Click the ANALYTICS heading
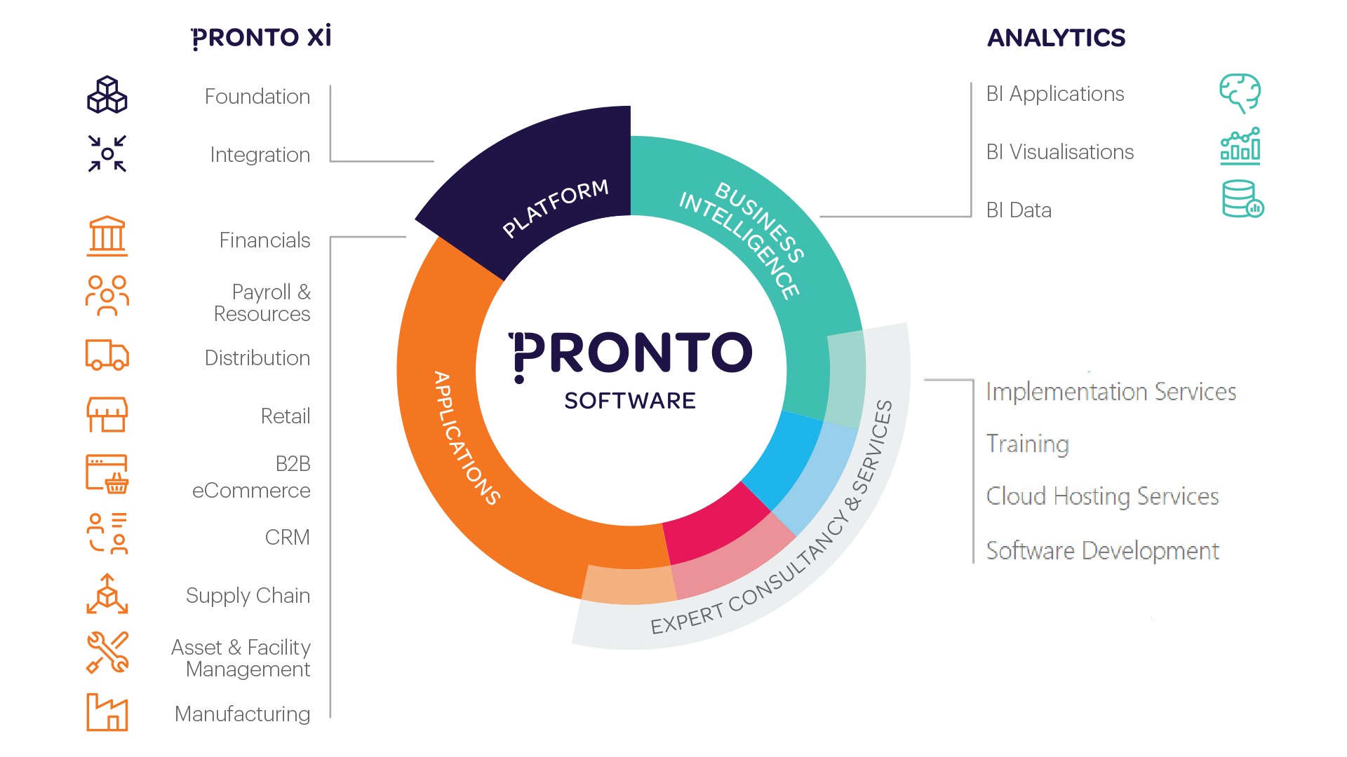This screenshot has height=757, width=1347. pyautogui.click(x=1056, y=38)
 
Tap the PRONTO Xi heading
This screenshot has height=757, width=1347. pyautogui.click(x=261, y=37)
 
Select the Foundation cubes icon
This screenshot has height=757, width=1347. pyautogui.click(x=107, y=95)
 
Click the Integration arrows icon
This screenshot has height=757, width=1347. pyautogui.click(x=107, y=154)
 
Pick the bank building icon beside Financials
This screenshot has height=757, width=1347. pyautogui.click(x=107, y=236)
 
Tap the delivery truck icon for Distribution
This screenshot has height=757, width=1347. pyautogui.click(x=107, y=355)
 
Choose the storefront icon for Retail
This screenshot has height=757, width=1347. pyautogui.click(x=107, y=415)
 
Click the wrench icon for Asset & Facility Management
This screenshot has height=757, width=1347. pyautogui.click(x=107, y=653)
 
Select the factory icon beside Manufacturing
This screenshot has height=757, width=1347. pyautogui.click(x=107, y=712)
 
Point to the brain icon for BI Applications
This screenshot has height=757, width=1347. pyautogui.click(x=1240, y=93)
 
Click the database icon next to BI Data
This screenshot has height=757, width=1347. pyautogui.click(x=1242, y=199)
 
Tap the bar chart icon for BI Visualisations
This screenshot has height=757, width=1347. pyautogui.click(x=1240, y=146)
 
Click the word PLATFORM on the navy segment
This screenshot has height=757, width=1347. pyautogui.click(x=556, y=208)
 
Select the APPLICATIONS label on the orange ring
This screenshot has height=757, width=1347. pyautogui.click(x=467, y=438)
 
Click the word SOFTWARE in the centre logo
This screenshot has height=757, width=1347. pyautogui.click(x=630, y=401)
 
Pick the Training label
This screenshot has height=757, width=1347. pyautogui.click(x=1028, y=444)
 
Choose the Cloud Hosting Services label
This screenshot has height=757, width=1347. pyautogui.click(x=1103, y=496)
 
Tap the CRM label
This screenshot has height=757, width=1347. pyautogui.click(x=288, y=538)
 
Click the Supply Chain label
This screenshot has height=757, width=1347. pyautogui.click(x=248, y=596)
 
